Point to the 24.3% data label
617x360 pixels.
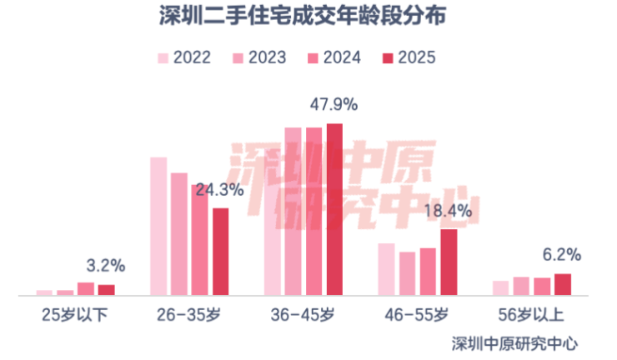click(x=220, y=190)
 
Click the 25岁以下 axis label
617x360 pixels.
click(x=75, y=315)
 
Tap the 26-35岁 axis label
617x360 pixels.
click(x=189, y=315)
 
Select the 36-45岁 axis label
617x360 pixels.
click(x=303, y=315)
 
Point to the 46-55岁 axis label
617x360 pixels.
click(x=417, y=315)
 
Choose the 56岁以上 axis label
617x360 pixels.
click(x=531, y=315)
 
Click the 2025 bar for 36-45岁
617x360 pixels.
click(x=334, y=209)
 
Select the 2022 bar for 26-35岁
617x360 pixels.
click(x=158, y=226)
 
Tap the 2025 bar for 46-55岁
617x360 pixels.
click(x=449, y=262)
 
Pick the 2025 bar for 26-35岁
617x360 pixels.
click(x=220, y=252)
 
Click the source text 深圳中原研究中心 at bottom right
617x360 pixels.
click(x=514, y=342)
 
